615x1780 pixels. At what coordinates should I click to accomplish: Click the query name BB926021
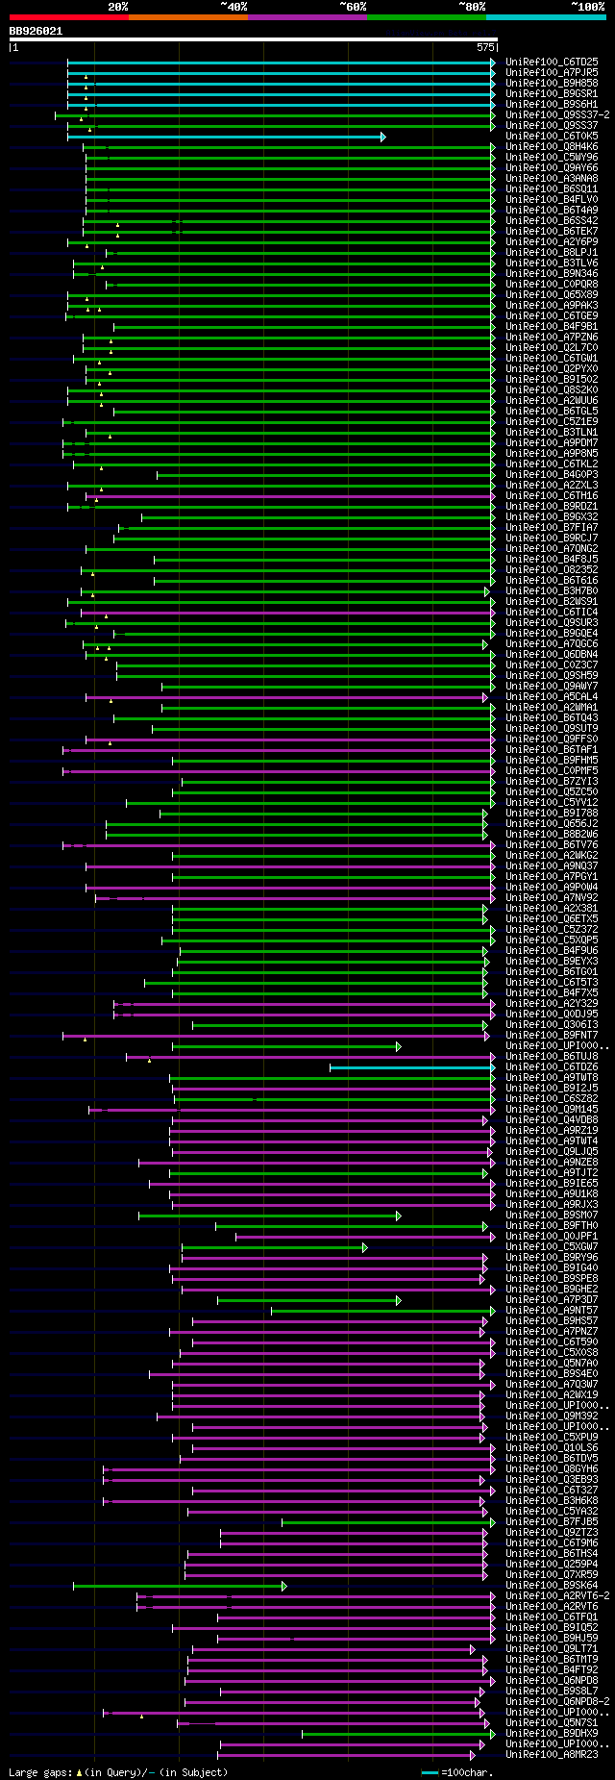37,31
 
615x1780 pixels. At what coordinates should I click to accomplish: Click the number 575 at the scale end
485,46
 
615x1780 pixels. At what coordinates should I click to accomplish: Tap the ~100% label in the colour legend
587,6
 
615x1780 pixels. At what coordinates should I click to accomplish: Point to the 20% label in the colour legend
117,6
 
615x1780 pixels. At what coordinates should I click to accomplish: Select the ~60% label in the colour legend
353,6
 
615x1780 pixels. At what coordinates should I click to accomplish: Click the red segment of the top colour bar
68,16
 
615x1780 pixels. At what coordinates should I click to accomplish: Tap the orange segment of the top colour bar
187,16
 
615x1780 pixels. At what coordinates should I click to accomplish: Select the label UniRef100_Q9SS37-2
557,114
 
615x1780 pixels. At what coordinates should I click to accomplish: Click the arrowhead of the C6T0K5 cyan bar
382,137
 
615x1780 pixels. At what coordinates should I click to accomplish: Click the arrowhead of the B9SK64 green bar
283,1586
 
